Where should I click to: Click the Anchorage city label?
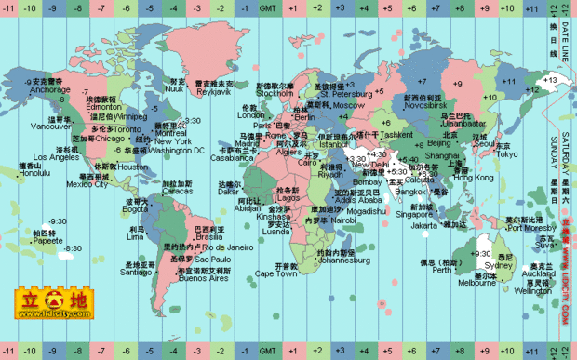48,90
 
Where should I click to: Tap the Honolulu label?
34,172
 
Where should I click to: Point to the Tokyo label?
505,154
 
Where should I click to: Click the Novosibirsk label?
422,105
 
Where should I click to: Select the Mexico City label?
87,184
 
